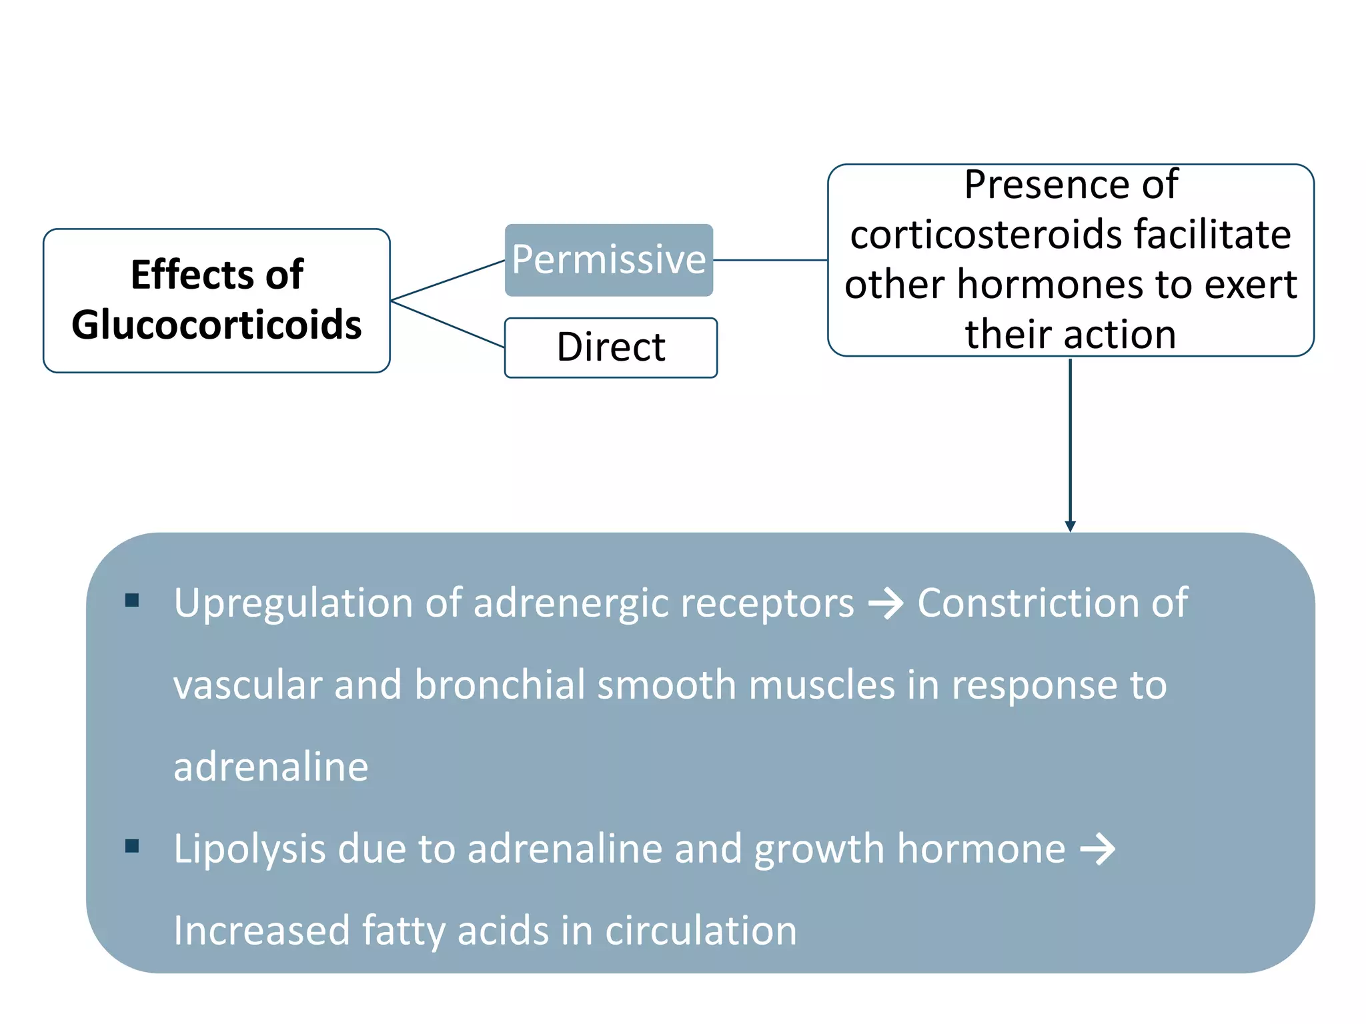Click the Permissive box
(x=609, y=260)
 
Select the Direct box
(x=611, y=347)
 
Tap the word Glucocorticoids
(x=217, y=325)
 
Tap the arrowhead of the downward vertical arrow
(x=1071, y=527)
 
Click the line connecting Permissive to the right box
(x=770, y=260)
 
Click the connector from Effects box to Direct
(x=448, y=324)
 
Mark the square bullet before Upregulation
(x=132, y=601)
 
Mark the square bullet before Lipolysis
(x=132, y=847)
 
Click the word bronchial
(x=500, y=685)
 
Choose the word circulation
(x=701, y=931)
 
